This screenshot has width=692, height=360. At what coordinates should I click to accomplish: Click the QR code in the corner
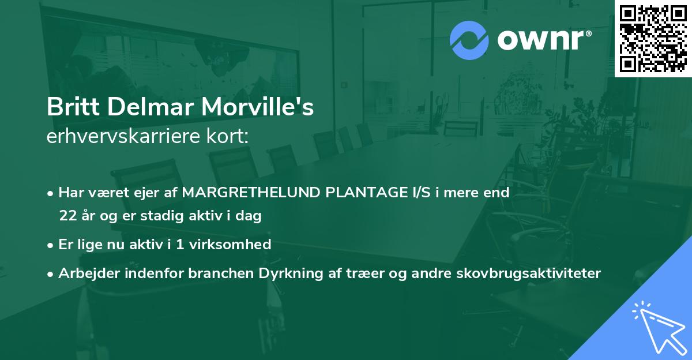(653, 39)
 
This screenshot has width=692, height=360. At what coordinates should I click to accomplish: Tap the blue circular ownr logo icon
(469, 40)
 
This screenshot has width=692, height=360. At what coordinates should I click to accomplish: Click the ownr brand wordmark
(544, 40)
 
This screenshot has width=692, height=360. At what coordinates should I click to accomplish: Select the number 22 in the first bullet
(68, 216)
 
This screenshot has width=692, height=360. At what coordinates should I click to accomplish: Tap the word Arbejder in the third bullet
(85, 273)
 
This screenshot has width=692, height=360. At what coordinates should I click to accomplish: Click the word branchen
(211, 273)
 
